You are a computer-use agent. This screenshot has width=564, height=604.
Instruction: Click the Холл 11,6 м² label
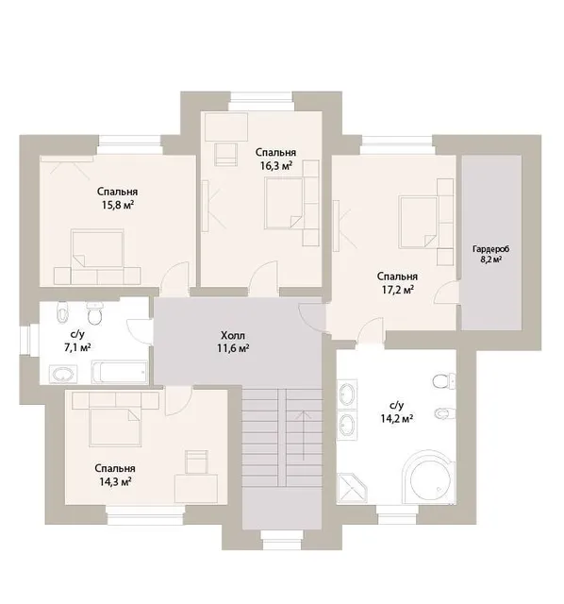tap(232, 342)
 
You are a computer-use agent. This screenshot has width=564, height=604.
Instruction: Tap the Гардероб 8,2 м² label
tap(490, 254)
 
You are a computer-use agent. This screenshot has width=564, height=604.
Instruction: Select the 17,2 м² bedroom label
tap(397, 283)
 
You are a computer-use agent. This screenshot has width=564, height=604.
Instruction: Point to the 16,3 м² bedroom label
tap(275, 159)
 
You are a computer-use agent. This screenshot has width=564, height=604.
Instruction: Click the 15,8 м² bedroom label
tap(117, 198)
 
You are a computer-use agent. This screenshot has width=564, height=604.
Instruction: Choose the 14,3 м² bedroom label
tap(115, 475)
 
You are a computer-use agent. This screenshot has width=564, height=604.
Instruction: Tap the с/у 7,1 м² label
tap(77, 342)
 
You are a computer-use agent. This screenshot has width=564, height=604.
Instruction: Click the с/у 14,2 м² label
tap(397, 411)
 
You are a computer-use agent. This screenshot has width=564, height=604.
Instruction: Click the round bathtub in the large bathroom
tap(429, 478)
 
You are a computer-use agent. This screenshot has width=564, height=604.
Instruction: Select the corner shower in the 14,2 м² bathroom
tap(351, 488)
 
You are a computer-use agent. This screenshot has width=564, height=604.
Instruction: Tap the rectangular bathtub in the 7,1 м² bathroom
tap(120, 372)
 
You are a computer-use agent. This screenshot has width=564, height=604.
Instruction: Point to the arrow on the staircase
tap(305, 435)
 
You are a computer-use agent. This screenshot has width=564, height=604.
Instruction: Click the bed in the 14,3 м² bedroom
tap(115, 428)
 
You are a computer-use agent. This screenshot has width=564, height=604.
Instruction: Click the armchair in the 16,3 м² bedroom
tap(226, 154)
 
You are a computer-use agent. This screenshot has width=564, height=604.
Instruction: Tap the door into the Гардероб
tap(447, 294)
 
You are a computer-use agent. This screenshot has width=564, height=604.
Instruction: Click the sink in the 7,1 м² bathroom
tap(63, 375)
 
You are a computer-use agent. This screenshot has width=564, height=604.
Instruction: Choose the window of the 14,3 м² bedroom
tap(145, 515)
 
